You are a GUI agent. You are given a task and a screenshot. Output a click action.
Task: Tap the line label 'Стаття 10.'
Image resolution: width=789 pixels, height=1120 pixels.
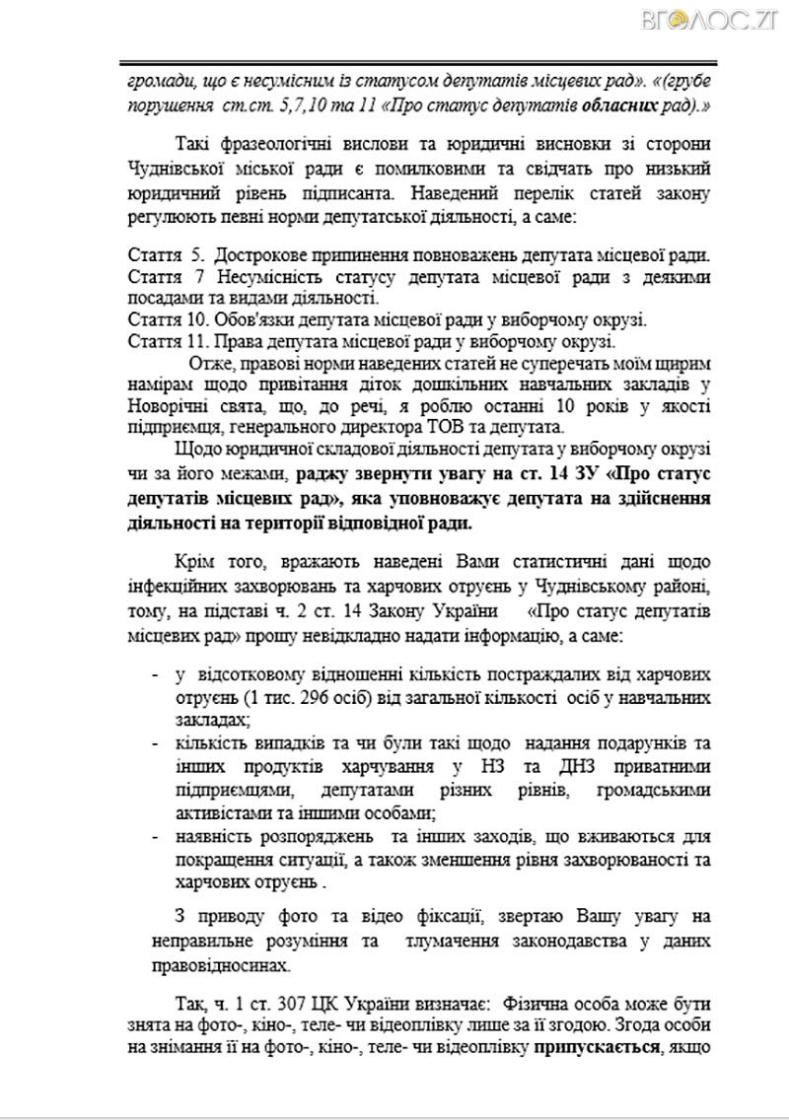[x=168, y=319]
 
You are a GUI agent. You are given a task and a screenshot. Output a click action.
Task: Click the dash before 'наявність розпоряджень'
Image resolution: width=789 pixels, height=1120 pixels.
[x=156, y=836]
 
